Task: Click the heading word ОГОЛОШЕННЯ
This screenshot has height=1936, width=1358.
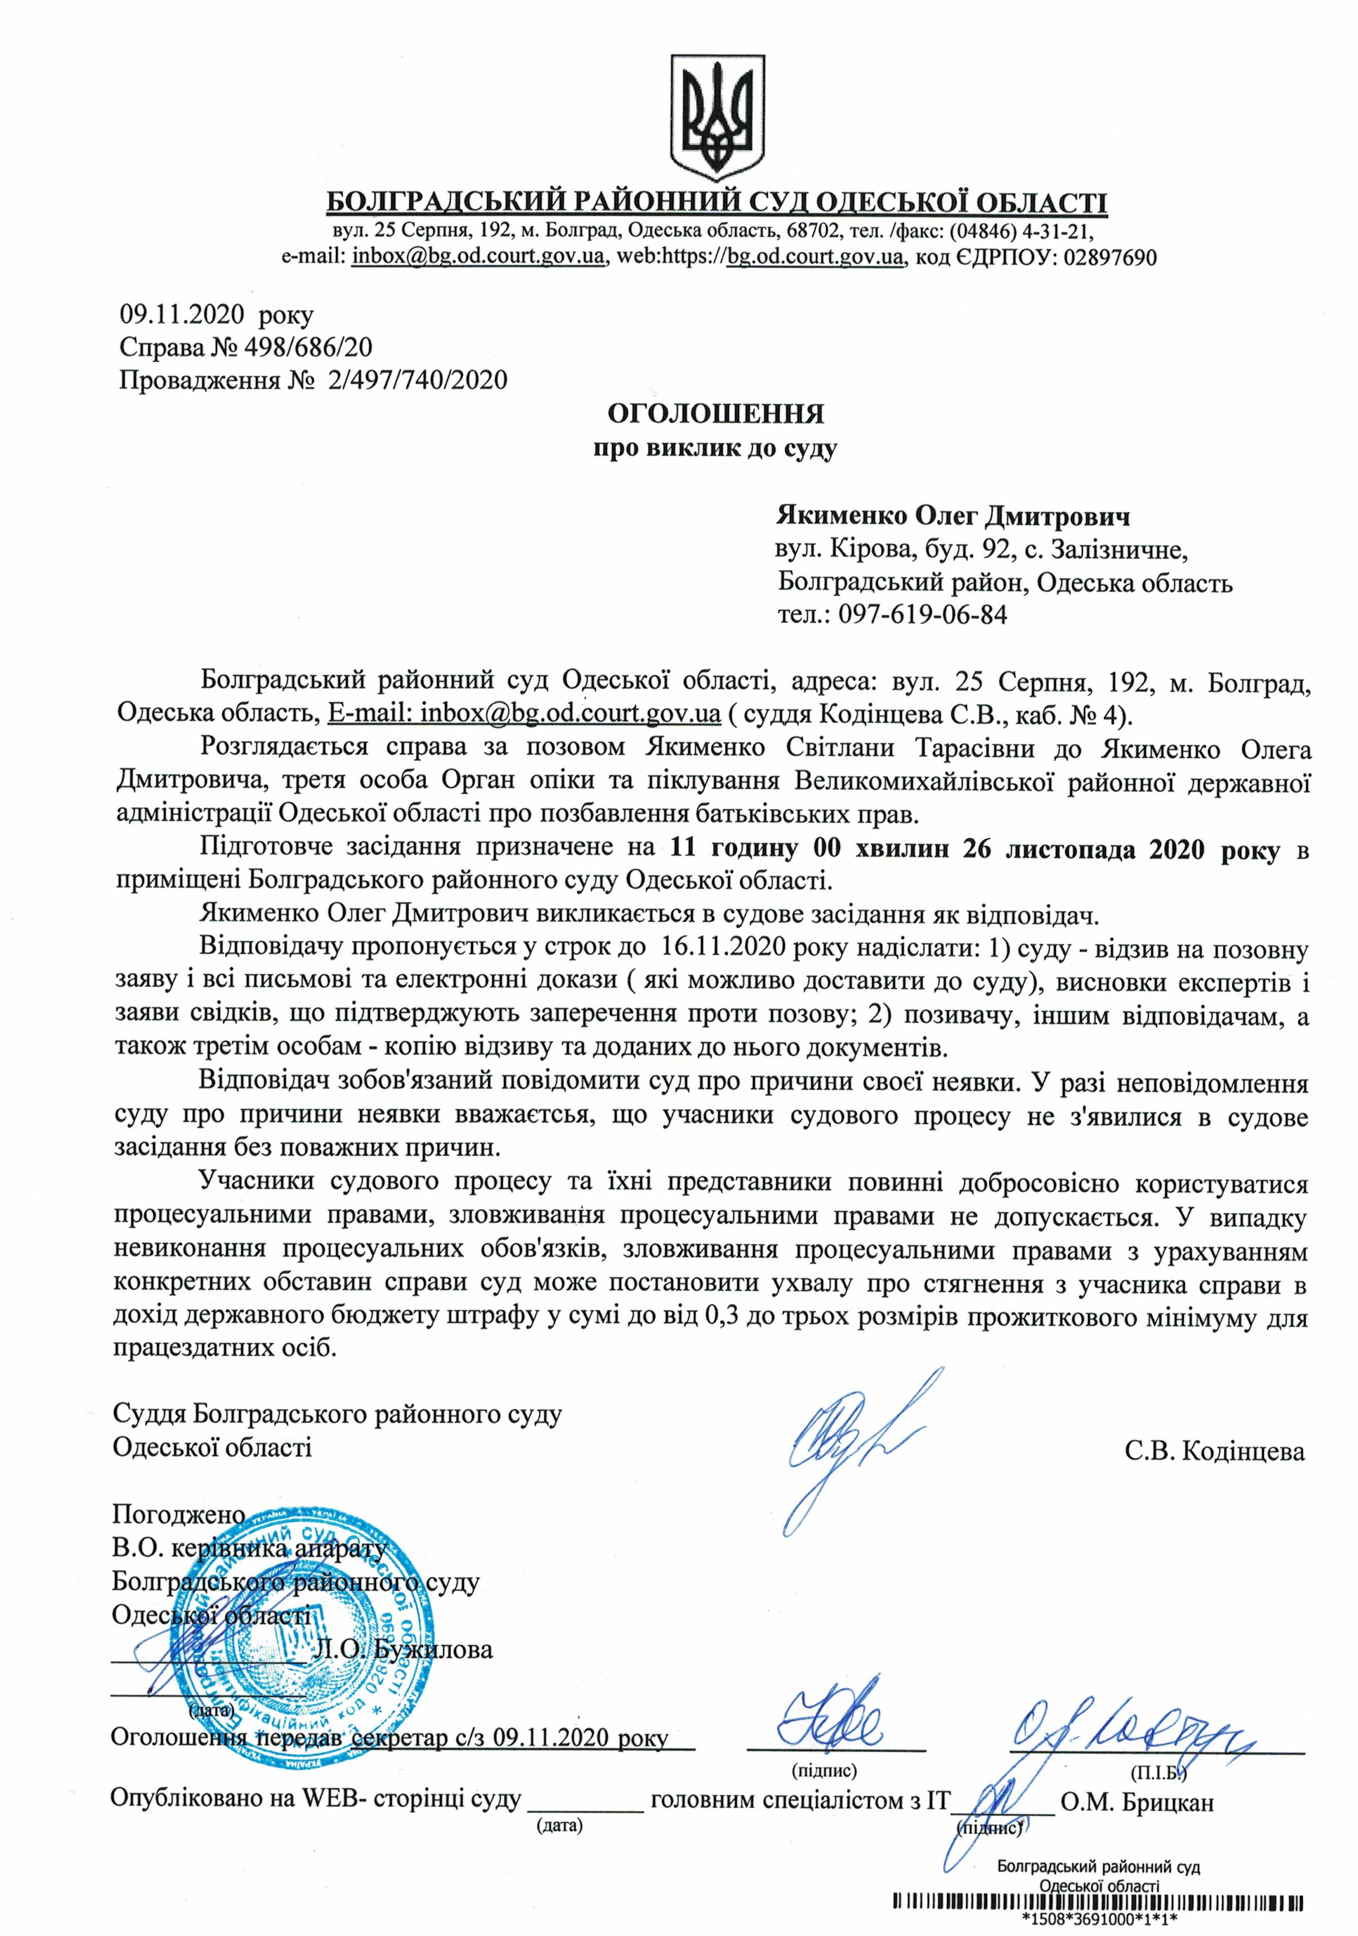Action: click(716, 414)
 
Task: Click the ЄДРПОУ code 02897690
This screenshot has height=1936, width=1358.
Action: click(1110, 257)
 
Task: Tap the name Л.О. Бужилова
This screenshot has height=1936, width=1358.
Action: click(402, 1650)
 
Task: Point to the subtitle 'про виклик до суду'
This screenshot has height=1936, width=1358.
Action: click(715, 449)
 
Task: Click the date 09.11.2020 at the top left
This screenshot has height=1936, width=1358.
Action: click(182, 316)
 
